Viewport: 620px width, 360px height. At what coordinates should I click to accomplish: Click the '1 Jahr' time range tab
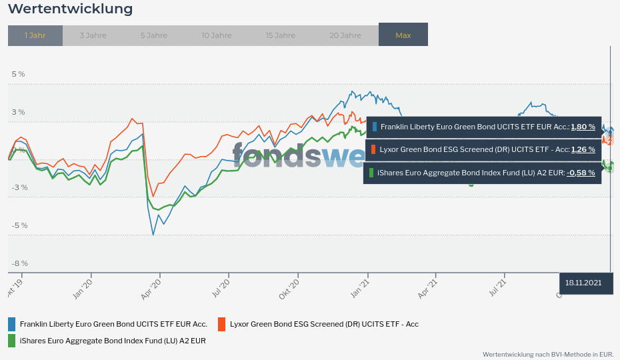click(35, 35)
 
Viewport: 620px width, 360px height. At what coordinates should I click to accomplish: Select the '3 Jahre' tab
click(93, 35)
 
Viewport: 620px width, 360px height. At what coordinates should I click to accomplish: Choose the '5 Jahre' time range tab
click(154, 35)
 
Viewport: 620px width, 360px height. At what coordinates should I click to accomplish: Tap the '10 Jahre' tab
click(215, 35)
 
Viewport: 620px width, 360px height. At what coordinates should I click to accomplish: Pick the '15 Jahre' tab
click(280, 35)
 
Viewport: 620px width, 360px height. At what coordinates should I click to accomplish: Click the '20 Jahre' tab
click(345, 35)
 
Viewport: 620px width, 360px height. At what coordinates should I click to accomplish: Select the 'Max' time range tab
click(403, 35)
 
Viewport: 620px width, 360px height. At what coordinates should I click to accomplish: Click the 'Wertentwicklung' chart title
click(70, 9)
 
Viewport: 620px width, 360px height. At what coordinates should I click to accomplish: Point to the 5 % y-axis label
click(18, 74)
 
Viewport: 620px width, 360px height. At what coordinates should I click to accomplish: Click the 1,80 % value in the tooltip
click(583, 127)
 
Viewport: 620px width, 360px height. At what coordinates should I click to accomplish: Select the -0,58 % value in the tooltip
click(581, 173)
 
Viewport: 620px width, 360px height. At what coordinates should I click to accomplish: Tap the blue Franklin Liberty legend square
click(11, 325)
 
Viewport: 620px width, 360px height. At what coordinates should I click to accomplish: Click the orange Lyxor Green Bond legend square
click(221, 325)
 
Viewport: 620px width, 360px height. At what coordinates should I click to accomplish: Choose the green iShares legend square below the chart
click(11, 341)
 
